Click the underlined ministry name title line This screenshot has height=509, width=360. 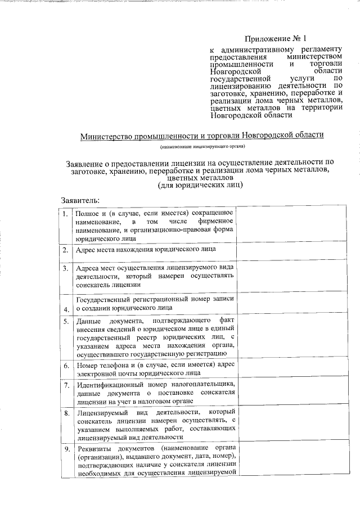202,136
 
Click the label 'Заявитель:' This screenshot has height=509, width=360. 80,200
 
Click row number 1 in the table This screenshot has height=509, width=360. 66,214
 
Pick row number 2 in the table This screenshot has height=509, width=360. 66,250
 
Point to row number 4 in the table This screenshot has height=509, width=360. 66,309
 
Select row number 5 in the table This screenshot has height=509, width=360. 66,321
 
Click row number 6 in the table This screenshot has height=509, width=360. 66,366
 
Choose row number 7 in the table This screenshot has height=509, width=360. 66,385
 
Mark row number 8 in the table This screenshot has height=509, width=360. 66,413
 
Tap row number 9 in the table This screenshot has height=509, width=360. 66,449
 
